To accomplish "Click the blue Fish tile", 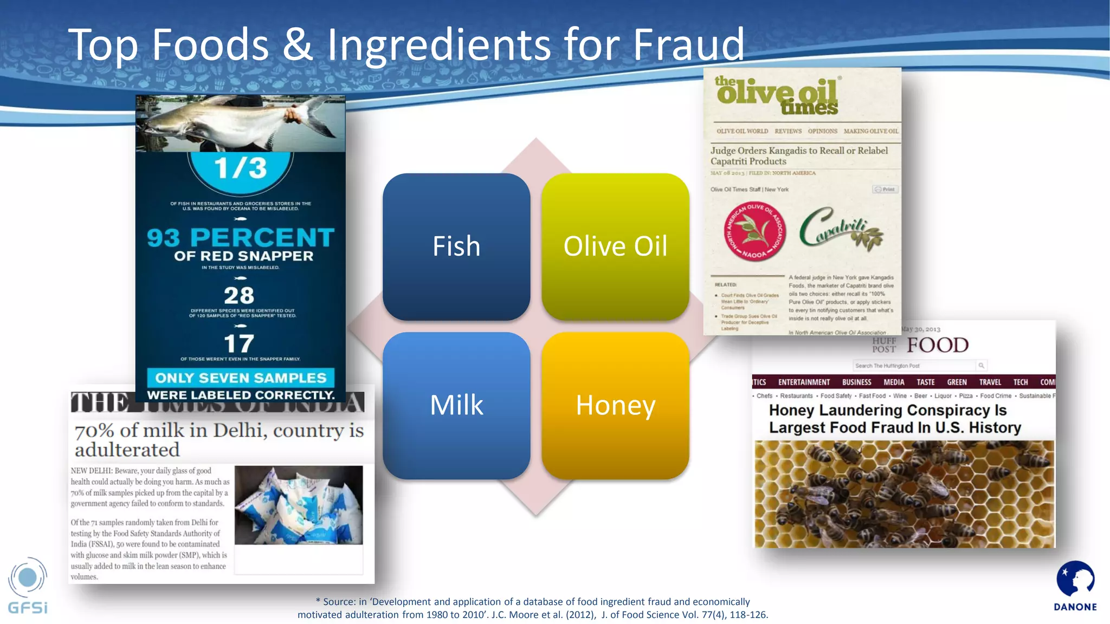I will click(x=456, y=246).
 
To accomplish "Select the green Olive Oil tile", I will click(x=615, y=246).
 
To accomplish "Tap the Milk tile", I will click(x=456, y=405).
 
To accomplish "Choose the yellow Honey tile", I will click(x=615, y=405).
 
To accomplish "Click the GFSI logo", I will click(x=28, y=586).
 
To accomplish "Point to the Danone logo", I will click(x=1075, y=586).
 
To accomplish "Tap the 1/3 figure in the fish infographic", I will click(x=240, y=168).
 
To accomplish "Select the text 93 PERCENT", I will click(x=241, y=237).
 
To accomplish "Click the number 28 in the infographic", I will click(x=239, y=296).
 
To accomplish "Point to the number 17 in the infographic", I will click(x=239, y=343).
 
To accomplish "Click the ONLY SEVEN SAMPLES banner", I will click(x=241, y=378).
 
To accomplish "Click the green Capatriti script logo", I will click(x=840, y=227).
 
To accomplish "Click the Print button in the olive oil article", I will click(x=886, y=189).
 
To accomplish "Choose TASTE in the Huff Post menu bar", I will click(x=926, y=382).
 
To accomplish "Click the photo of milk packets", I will click(x=299, y=505).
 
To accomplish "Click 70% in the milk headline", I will click(x=94, y=431).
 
